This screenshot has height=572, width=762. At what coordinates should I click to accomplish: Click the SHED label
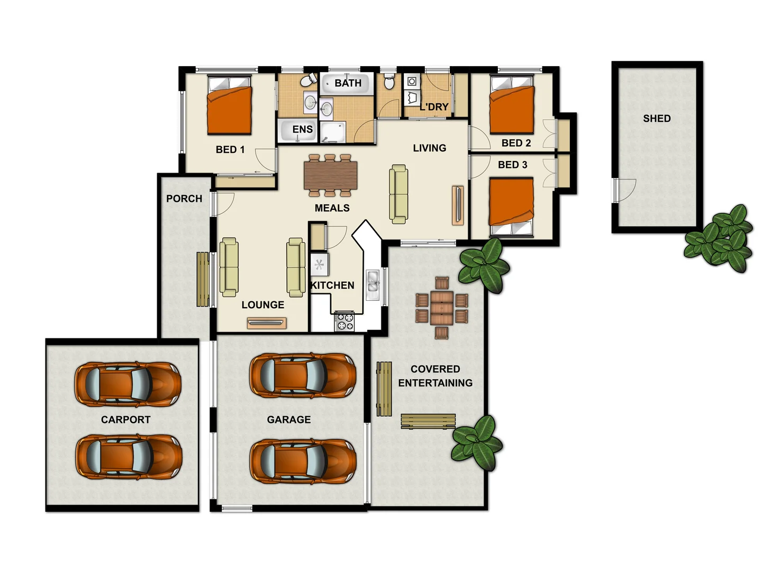coord(657,119)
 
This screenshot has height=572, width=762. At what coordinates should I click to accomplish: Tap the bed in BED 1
coord(229,106)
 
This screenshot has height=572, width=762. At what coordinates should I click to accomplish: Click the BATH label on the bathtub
coord(348,83)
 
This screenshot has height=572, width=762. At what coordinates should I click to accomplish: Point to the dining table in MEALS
coord(331,175)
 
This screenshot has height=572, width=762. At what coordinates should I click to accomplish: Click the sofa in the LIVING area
coord(398,193)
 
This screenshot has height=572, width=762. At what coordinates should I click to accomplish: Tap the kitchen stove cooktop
coord(344,321)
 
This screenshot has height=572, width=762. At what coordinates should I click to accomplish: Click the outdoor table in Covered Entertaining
coord(441,308)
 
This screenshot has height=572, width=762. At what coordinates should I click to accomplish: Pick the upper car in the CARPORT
coord(128,384)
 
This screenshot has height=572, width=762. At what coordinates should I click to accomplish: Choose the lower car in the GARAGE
coord(303,461)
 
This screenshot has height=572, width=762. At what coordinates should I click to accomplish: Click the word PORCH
coord(184,199)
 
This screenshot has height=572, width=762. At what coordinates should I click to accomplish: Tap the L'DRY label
coord(434,107)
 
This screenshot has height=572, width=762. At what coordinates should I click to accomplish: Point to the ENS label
coord(302,129)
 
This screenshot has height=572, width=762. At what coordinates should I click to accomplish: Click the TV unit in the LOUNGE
coord(267,322)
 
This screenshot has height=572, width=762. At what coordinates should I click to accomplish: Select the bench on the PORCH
coord(203,279)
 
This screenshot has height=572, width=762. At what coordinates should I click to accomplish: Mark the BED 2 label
coord(516,143)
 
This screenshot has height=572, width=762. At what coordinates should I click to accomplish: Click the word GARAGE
coord(289,419)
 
